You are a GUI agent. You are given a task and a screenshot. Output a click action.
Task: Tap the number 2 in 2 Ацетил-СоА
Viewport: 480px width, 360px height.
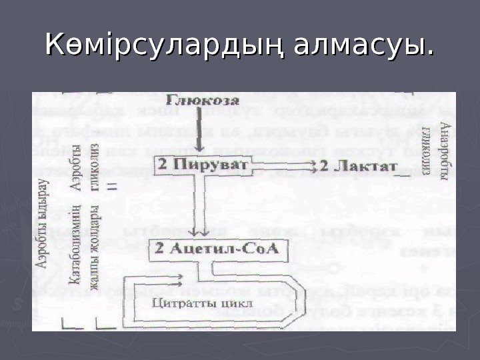(x=160, y=251)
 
